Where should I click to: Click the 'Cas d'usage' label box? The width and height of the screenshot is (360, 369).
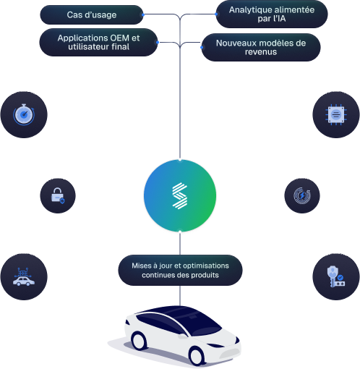pos(92,14)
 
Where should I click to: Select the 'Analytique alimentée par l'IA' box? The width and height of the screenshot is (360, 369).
pos(272,14)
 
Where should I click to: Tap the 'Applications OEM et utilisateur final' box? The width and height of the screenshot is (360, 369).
pos(98,43)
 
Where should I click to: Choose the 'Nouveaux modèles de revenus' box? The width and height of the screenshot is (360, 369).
pos(260,47)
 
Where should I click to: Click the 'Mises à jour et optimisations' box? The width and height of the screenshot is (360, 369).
pos(180,271)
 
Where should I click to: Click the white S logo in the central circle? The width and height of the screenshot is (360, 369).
pos(180,196)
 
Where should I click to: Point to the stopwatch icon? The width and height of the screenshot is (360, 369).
pos(24,114)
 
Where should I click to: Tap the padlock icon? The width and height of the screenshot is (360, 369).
pos(57,195)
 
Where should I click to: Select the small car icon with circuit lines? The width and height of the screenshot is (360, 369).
pos(23,277)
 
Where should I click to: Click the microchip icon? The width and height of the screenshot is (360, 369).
pos(336,114)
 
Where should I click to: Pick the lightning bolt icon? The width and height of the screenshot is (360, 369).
pos(301,195)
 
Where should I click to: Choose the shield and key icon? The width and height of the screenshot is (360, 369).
pos(336,277)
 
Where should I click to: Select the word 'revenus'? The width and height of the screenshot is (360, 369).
pos(260,52)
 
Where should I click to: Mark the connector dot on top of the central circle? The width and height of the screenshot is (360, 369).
pos(180,157)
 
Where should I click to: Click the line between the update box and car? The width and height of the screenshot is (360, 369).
pos(180,294)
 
